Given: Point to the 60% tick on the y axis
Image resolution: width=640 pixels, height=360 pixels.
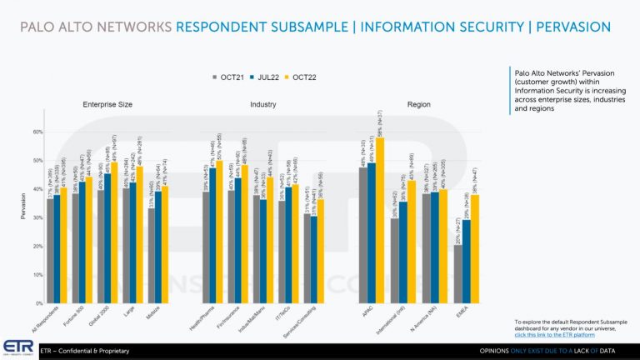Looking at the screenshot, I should click(x=37, y=132).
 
